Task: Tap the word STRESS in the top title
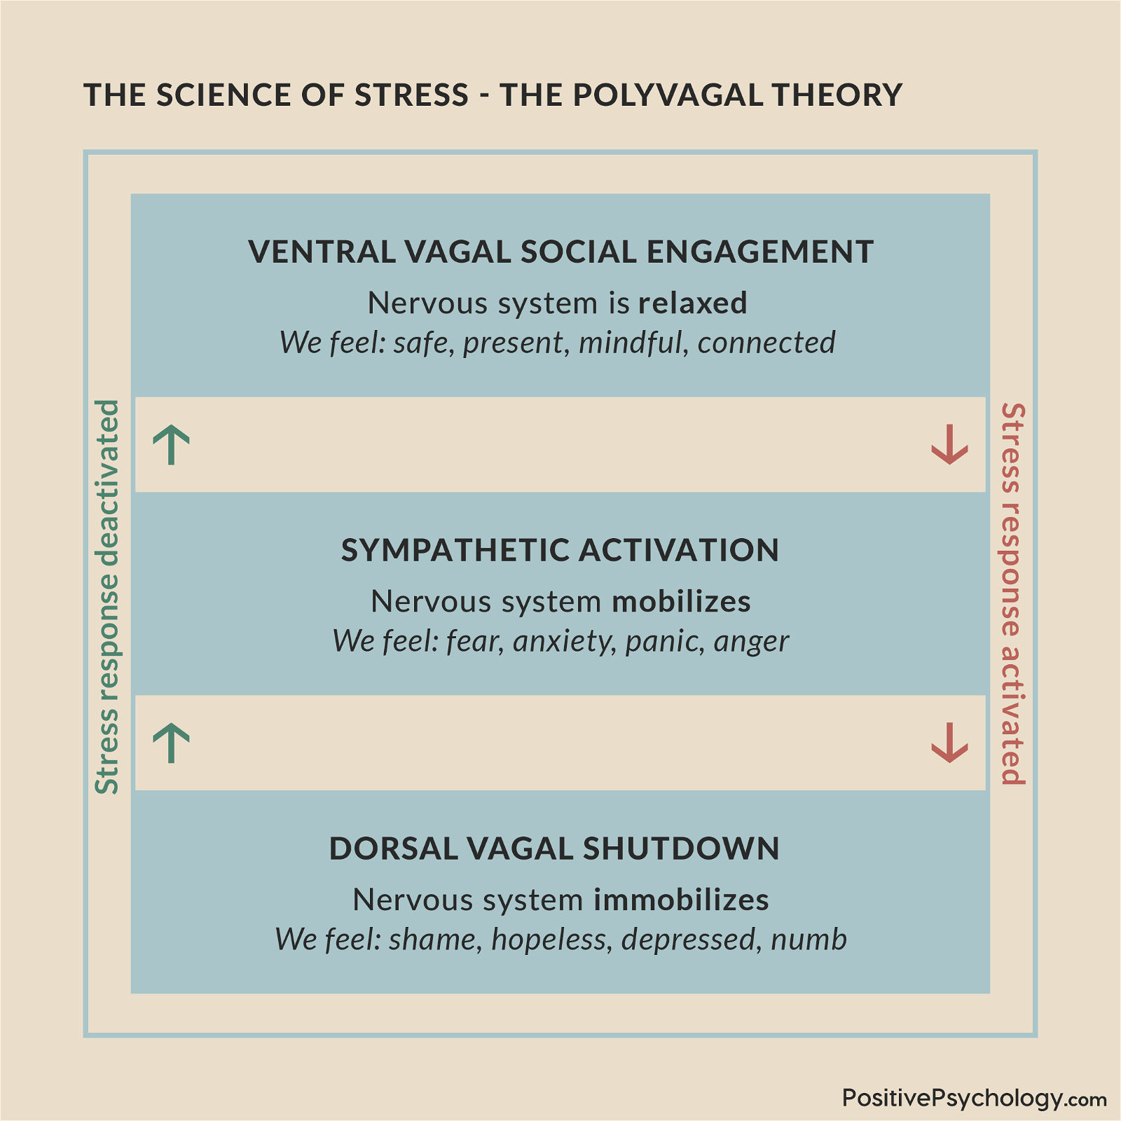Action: pos(411,95)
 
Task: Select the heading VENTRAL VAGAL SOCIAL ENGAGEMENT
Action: pos(560,252)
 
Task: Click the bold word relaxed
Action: pos(692,303)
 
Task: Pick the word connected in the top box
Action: pos(766,343)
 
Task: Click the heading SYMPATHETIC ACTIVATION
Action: pos(560,550)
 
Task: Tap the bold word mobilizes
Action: pos(681,601)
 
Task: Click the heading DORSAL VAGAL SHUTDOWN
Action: pos(554,848)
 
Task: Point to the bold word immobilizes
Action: pos(681,900)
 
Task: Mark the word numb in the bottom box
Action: pos(809,940)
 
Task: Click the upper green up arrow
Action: pos(171,444)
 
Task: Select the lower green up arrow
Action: pos(171,743)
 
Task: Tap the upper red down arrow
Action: pos(949,444)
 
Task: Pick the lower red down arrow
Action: pos(949,743)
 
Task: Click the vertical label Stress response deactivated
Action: pos(107,597)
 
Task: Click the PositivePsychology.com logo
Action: pos(974,1098)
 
